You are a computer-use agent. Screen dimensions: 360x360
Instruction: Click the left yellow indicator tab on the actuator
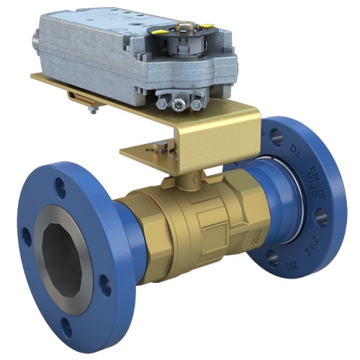pyautogui.click(x=160, y=30)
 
